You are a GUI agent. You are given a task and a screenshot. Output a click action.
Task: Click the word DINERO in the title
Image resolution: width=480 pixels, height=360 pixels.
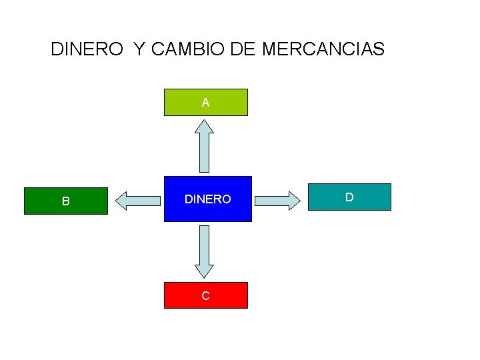pos(87,49)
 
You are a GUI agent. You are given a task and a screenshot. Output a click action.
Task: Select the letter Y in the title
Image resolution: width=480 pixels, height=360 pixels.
pos(138,49)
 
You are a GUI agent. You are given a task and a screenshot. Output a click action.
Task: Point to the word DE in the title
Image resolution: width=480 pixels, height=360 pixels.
pos(243,49)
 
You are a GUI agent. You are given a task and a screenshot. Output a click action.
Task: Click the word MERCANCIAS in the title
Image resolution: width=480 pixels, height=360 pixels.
pos(323,49)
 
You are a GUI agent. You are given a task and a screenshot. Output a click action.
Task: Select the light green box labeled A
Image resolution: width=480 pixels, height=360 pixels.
pos(206,102)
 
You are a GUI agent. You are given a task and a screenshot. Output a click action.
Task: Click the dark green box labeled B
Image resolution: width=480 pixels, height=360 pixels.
pos(65,201)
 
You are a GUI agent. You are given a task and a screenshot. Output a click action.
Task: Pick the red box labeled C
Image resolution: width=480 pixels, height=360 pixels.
pos(206,295)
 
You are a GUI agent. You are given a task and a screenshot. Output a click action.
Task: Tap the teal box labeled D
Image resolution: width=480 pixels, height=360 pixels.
pos(349,197)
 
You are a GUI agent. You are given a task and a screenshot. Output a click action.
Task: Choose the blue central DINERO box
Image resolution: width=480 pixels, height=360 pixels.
pos(208,199)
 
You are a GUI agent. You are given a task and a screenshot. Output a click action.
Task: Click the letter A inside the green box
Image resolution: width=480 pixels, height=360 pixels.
pos(206,103)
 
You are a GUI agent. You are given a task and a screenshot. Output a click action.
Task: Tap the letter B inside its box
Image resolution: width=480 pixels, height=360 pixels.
pos(65,201)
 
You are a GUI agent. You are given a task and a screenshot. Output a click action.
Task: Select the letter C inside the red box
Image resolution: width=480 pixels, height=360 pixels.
pos(205,296)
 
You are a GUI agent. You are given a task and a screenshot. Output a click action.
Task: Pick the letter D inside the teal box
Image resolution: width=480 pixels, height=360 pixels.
pos(349,197)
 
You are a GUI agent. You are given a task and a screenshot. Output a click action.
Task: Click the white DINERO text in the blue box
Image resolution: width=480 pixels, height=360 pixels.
pos(208,199)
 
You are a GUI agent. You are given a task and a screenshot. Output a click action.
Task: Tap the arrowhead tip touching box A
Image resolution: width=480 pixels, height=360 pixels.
pos(204,120)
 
